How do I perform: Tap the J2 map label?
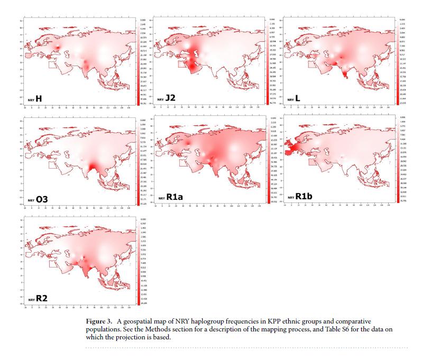170,98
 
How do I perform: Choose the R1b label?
304,197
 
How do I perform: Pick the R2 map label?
42,299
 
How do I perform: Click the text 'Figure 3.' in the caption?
98,321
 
